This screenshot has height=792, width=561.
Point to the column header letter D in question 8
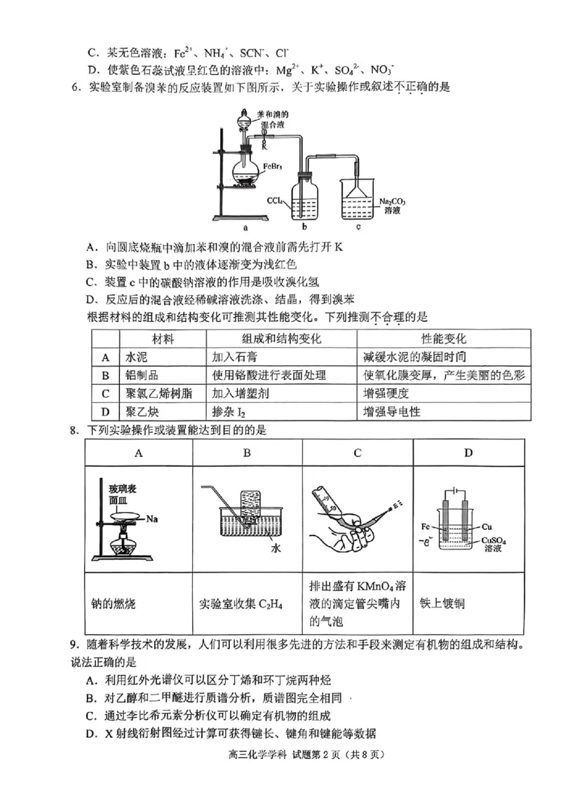[468, 453]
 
